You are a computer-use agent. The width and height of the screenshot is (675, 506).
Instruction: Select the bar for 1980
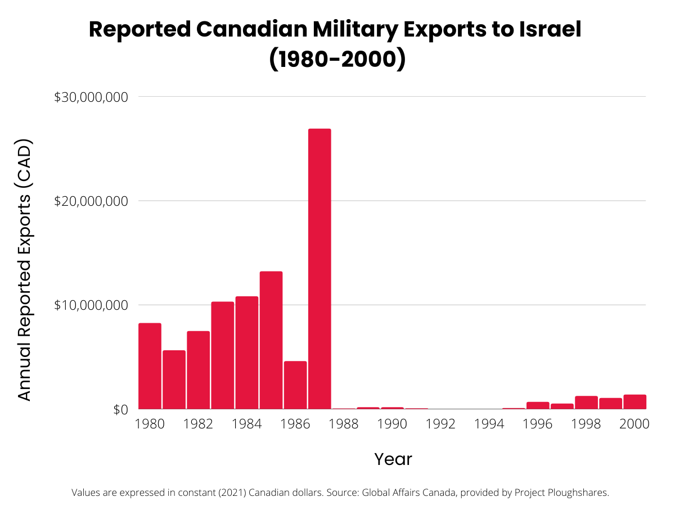(150, 366)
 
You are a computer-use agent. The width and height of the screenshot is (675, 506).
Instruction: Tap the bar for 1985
(271, 340)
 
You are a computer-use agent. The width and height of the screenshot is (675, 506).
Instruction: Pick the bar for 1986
(295, 385)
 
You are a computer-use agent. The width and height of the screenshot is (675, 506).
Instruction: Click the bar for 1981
(174, 379)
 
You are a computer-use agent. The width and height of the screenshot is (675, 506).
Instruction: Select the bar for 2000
(634, 402)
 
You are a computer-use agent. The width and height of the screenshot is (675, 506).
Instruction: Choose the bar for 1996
(538, 405)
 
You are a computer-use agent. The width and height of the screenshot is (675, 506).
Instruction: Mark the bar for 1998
(586, 403)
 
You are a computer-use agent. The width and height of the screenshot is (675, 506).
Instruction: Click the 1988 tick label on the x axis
(343, 424)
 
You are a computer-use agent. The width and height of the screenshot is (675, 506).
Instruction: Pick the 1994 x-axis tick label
(489, 424)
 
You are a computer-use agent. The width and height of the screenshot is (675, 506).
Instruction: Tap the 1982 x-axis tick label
(198, 424)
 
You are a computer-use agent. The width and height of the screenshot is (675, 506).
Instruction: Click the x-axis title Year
(393, 459)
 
